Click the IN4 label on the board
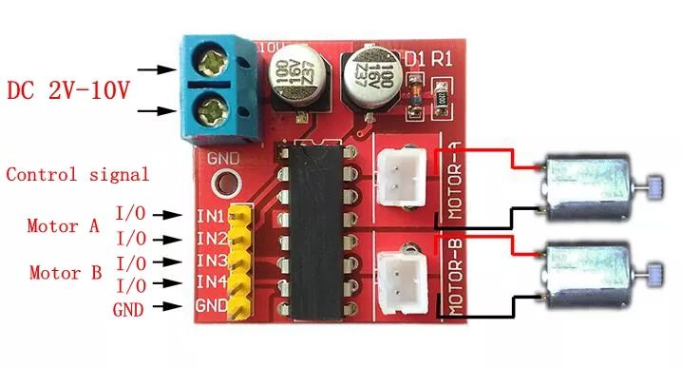[209, 282]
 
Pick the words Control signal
[77, 175]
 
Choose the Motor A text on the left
[63, 227]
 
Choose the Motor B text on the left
[65, 273]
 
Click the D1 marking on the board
[414, 58]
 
